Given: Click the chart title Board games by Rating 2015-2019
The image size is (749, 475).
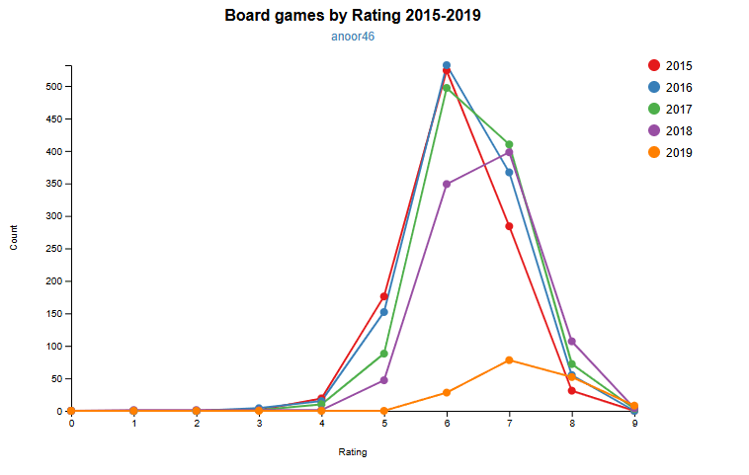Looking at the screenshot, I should tap(353, 16).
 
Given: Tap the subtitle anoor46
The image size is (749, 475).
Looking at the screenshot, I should tap(353, 37).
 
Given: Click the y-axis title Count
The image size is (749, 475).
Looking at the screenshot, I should tap(14, 237).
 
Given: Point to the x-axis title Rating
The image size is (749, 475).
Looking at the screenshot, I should tap(353, 452).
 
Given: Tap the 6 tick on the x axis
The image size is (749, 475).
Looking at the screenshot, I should tap(447, 423).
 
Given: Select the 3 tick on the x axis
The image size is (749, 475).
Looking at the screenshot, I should tap(259, 423).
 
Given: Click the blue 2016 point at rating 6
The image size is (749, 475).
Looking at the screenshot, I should tap(447, 65).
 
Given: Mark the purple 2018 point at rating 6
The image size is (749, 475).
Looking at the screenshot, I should tap(447, 184).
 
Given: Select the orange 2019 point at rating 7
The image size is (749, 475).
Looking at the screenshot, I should tap(509, 359).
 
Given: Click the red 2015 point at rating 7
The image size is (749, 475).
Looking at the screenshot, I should tap(509, 226).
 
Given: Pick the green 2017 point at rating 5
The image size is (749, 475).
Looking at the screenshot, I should tap(384, 354).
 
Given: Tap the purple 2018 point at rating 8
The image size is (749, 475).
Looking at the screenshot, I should tap(572, 342).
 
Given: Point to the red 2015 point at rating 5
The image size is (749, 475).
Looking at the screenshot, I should tap(384, 296).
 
